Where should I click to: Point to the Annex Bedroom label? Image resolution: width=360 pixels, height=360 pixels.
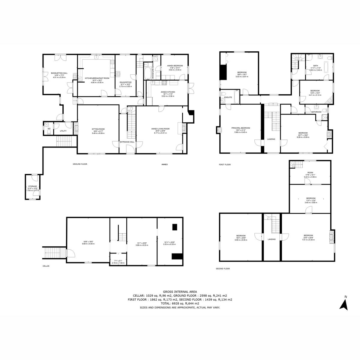coord(175,65)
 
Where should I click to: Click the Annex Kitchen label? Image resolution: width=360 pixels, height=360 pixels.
coord(168,92)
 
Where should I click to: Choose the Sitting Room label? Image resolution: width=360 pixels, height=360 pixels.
coord(98,129)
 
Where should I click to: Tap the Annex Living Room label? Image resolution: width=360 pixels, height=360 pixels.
coord(160,129)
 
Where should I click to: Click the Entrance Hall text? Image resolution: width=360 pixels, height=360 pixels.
coord(127,142)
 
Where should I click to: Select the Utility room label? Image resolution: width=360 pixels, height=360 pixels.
coord(63,131)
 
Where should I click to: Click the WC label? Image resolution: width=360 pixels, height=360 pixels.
coord(49,129)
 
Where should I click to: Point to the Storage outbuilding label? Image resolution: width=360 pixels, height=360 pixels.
coord(32,186)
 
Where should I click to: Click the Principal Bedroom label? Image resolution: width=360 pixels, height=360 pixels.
coord(241,128)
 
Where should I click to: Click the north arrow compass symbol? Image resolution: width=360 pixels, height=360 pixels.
coord(343,304)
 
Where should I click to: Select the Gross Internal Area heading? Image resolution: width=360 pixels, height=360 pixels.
coord(180,291)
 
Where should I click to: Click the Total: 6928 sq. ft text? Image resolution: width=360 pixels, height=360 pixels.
coord(180,303)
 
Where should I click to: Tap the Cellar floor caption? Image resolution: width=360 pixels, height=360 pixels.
coord(46,266)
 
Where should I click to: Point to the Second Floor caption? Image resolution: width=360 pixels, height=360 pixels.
coord(223,268)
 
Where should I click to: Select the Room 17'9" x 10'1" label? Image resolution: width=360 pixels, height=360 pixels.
coord(310,172)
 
